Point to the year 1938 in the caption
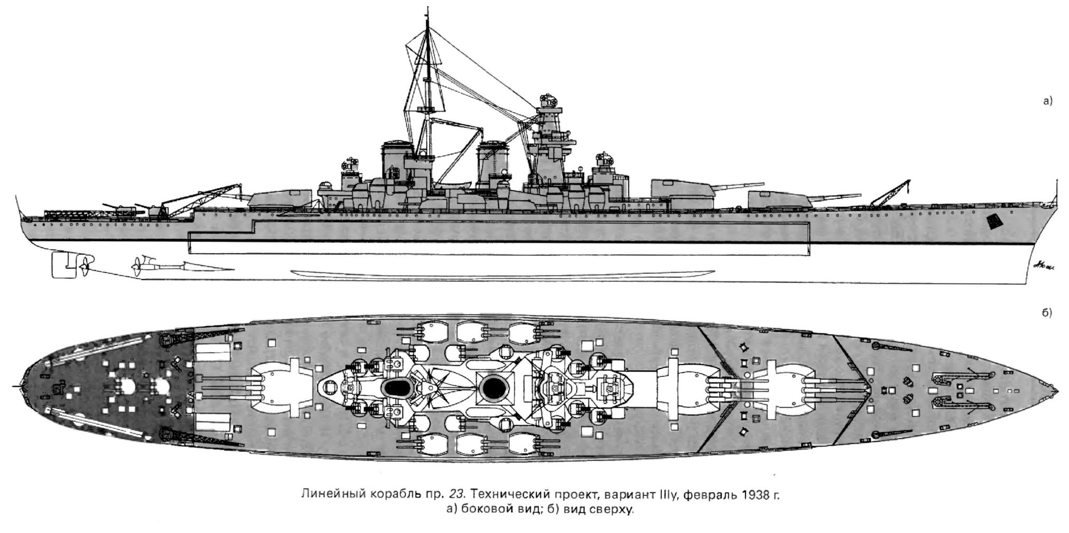[756, 495]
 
